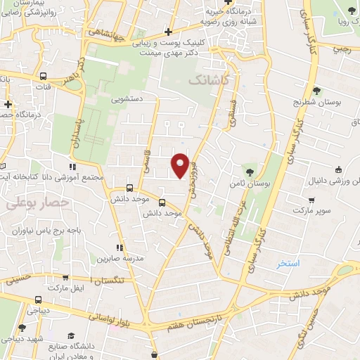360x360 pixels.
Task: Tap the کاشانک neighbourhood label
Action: point(209,81)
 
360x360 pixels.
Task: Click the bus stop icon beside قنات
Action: point(44,76)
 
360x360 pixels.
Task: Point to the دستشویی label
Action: point(127,99)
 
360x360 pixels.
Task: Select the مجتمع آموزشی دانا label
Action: point(88,178)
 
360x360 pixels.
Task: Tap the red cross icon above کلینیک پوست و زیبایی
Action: point(167,32)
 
